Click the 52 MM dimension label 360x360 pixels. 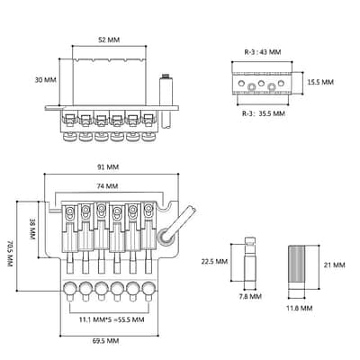click(x=109, y=40)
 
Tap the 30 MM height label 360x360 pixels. click(x=46, y=80)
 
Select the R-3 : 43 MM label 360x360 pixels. click(x=263, y=52)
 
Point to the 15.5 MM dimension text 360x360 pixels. click(x=320, y=82)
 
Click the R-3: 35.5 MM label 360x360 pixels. click(x=264, y=113)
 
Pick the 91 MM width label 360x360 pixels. click(x=108, y=167)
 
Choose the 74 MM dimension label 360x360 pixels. click(x=107, y=186)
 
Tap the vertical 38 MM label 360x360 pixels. click(x=32, y=229)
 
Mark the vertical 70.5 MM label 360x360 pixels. click(x=11, y=254)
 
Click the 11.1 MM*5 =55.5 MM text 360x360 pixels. click(x=112, y=319)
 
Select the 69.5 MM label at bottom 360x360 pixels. click(x=105, y=341)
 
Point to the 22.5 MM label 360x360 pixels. click(x=214, y=262)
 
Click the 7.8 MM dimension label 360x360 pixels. click(x=250, y=297)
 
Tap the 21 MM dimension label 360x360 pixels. click(x=335, y=265)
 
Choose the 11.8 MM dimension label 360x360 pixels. click(x=300, y=308)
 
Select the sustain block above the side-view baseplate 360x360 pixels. click(x=109, y=82)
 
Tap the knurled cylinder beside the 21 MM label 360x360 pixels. click(x=297, y=266)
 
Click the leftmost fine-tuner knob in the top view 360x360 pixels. click(x=70, y=289)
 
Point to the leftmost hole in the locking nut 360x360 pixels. click(x=241, y=82)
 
